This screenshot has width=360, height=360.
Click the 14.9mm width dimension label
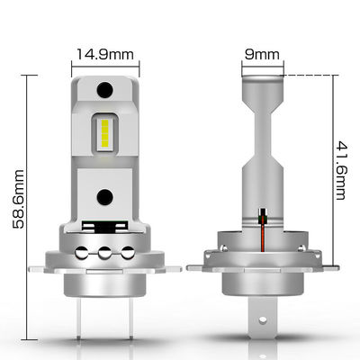tap(105, 54)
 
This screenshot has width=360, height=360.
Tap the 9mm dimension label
tap(262, 54)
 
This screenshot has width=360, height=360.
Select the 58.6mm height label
tap(18, 199)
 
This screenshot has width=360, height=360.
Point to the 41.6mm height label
tap(340, 170)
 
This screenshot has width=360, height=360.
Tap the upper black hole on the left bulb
tap(104, 90)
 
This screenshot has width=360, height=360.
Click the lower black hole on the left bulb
tap(104, 197)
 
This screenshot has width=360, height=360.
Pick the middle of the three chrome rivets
tap(104, 253)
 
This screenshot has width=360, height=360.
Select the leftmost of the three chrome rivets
tap(81, 253)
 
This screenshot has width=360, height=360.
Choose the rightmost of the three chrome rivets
tap(128, 253)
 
